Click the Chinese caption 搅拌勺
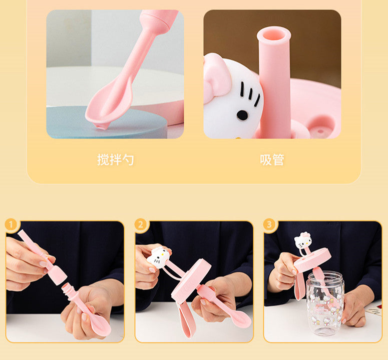(115, 159)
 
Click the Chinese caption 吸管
(272, 159)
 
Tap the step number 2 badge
(141, 225)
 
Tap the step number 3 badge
(269, 225)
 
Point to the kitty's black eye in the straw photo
(242, 115)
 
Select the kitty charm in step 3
(302, 240)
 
